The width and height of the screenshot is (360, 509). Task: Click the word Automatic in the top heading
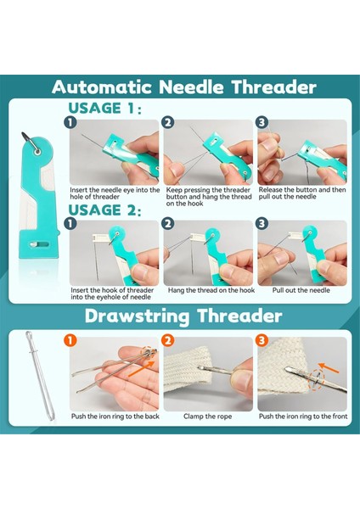[x=101, y=87]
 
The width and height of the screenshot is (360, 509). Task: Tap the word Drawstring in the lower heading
[x=137, y=316]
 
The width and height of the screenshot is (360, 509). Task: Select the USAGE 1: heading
[x=104, y=108]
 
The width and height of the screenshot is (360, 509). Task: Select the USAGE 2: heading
[x=104, y=210]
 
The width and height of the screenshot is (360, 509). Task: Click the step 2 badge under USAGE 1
[x=167, y=122]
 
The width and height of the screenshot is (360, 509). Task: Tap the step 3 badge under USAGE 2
[x=262, y=224]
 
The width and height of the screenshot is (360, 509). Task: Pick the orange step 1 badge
[x=70, y=340]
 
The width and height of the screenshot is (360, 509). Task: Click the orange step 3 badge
[x=262, y=340]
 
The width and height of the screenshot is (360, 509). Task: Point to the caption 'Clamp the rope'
[x=208, y=417]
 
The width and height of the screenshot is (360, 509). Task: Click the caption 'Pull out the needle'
[x=301, y=290]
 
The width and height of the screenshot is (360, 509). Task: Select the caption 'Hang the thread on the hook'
[x=211, y=290]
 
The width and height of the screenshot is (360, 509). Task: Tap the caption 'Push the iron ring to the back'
[x=115, y=417]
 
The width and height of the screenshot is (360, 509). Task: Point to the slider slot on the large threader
[x=39, y=244]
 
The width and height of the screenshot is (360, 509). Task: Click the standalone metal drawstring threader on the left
[x=40, y=375]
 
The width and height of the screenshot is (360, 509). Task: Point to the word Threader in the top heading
[x=274, y=87]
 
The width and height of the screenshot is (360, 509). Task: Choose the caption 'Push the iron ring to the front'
[x=303, y=417]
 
